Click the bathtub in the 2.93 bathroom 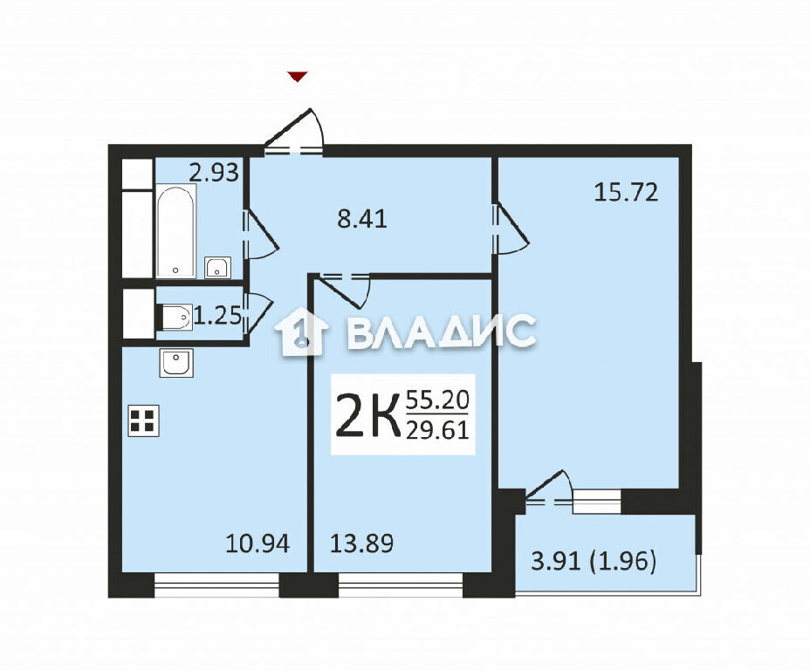[175, 232]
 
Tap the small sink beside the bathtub [218, 267]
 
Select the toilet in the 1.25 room [175, 317]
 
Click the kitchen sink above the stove [176, 362]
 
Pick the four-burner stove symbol [143, 420]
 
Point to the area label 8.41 [362, 220]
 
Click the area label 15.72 [626, 193]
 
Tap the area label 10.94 [257, 544]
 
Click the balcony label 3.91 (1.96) [594, 561]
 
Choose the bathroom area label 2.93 [214, 173]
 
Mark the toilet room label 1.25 [217, 316]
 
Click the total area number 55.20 [437, 400]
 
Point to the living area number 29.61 [437, 429]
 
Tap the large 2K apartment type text [367, 415]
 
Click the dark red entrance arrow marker [298, 77]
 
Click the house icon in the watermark [301, 332]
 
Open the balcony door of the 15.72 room [549, 489]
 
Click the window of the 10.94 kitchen [217, 585]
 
